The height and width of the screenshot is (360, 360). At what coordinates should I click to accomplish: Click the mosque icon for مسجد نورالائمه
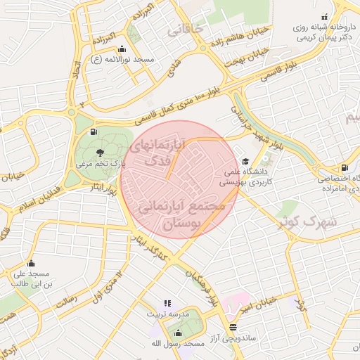point(123,49)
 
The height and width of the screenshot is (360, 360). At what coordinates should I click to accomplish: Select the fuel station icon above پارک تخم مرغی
point(94,131)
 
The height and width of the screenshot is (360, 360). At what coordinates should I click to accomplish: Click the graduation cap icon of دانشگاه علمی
point(245,160)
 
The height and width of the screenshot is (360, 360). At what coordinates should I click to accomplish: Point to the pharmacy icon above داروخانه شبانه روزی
point(324,17)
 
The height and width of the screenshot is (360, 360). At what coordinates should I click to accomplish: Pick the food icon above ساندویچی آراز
point(233,328)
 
